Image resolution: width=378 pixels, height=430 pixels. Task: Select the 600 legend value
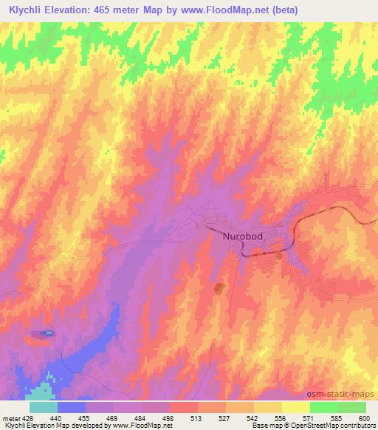[x=362, y=417]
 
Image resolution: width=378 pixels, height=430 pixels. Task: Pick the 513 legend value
[x=197, y=417]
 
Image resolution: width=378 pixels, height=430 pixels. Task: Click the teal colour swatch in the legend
[x=44, y=407]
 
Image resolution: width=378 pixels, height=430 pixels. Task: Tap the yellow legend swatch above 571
[x=296, y=407]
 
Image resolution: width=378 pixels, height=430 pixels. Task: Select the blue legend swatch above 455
[x=72, y=407]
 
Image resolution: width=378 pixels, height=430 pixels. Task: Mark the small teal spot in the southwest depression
[x=49, y=333]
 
